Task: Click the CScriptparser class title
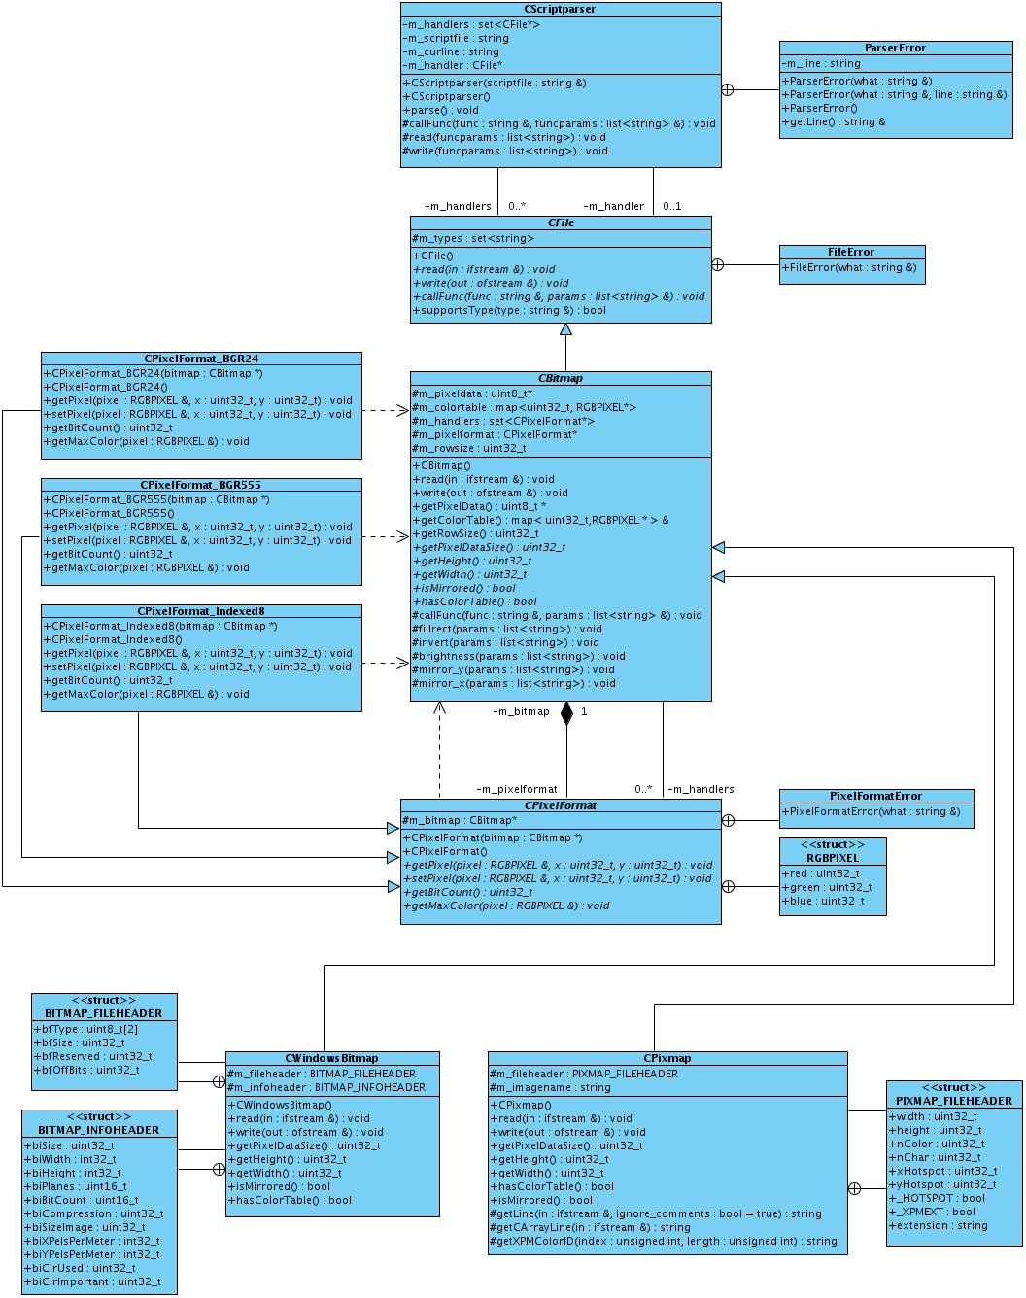(x=560, y=9)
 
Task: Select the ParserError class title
(x=895, y=48)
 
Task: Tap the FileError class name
(x=851, y=252)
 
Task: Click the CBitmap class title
(x=561, y=378)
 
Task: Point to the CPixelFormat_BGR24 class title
(x=201, y=359)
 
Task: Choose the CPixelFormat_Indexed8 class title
(x=201, y=611)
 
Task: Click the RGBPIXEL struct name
(x=833, y=858)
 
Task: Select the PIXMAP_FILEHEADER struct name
(x=953, y=1101)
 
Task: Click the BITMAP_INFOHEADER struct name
(x=98, y=1130)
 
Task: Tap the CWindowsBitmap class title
(x=331, y=1058)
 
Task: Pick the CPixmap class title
(x=667, y=1058)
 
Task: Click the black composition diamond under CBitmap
(x=566, y=714)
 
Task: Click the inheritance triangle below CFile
(x=565, y=329)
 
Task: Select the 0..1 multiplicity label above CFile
(x=672, y=206)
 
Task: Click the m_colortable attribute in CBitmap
(x=524, y=407)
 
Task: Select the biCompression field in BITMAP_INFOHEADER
(x=93, y=1213)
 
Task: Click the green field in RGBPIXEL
(x=827, y=887)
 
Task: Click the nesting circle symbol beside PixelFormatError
(x=729, y=820)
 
